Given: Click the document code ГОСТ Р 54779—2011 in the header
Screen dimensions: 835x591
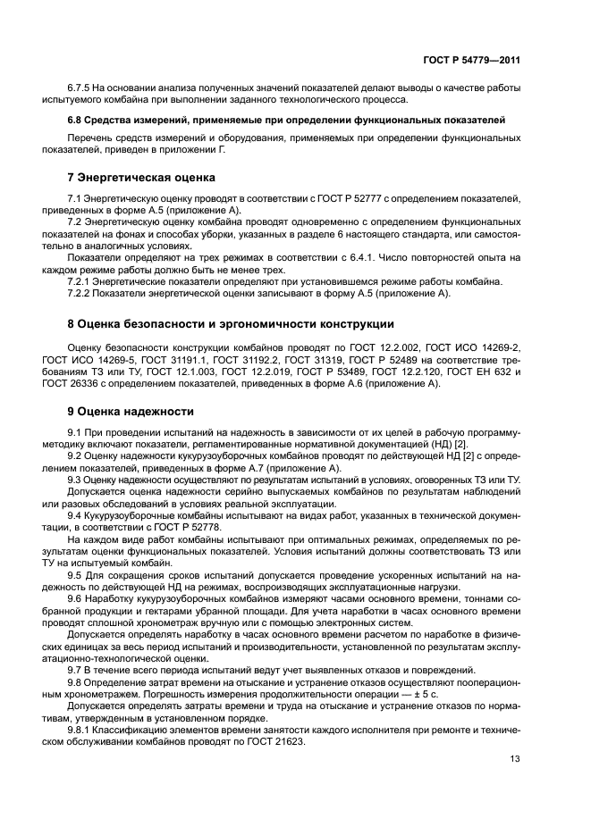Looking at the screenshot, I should (474, 59).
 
